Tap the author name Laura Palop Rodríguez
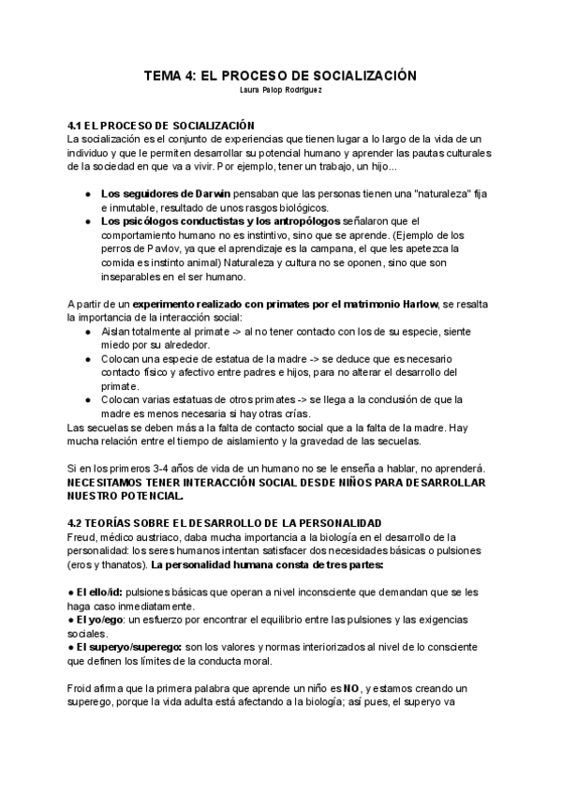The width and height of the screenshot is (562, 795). pyautogui.click(x=280, y=91)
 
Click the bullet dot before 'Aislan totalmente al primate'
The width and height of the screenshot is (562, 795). pyautogui.click(x=88, y=333)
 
